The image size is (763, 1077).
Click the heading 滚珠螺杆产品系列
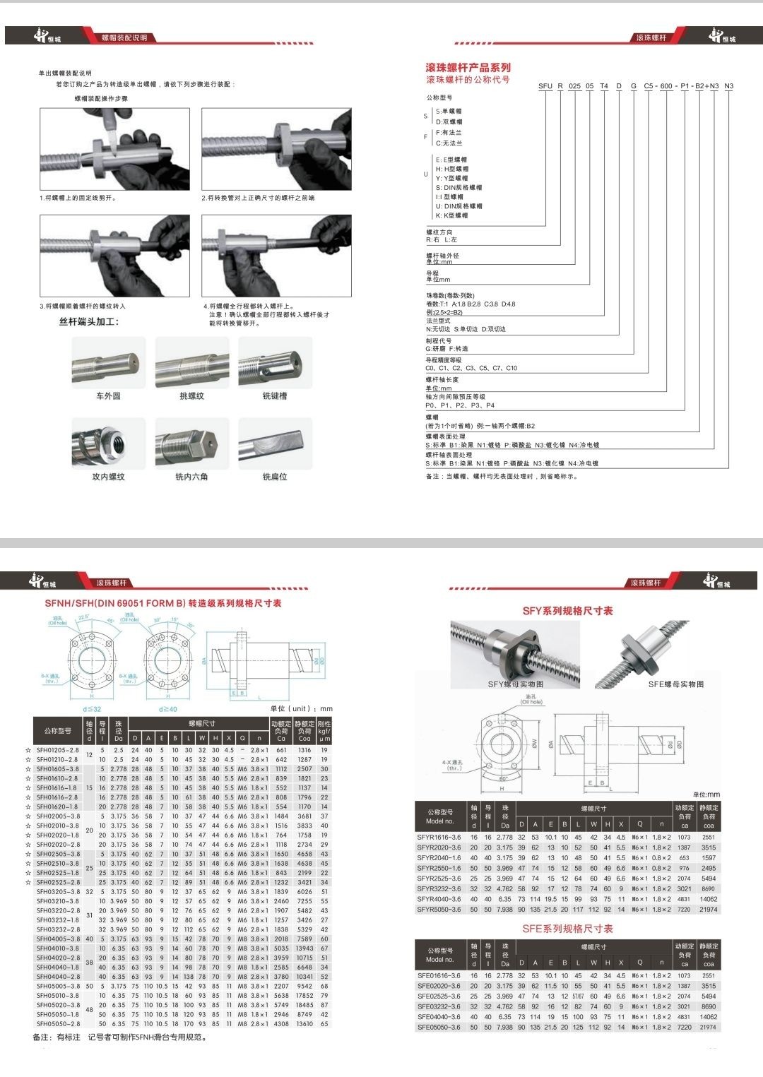468,68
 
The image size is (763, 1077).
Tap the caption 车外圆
108,396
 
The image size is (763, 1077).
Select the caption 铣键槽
275,396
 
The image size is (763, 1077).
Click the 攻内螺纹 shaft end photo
108,444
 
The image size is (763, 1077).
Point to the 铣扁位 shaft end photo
275,444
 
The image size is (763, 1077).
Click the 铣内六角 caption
191,477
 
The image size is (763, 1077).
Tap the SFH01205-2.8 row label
58,750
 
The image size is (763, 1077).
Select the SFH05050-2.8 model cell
58,1023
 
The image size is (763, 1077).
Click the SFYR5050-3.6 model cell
439,910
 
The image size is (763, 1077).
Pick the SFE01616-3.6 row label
439,975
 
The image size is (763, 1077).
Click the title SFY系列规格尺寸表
567,611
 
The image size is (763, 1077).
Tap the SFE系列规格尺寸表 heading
567,929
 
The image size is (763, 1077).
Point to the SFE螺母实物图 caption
675,684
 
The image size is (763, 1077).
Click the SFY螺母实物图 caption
516,684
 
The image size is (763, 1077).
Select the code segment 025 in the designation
574,86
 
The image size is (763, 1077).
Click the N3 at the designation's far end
729,86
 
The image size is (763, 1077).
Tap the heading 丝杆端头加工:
89,322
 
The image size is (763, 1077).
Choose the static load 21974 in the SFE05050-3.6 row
708,1028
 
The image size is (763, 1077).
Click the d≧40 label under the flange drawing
169,709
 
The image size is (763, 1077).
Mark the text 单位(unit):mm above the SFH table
301,708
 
